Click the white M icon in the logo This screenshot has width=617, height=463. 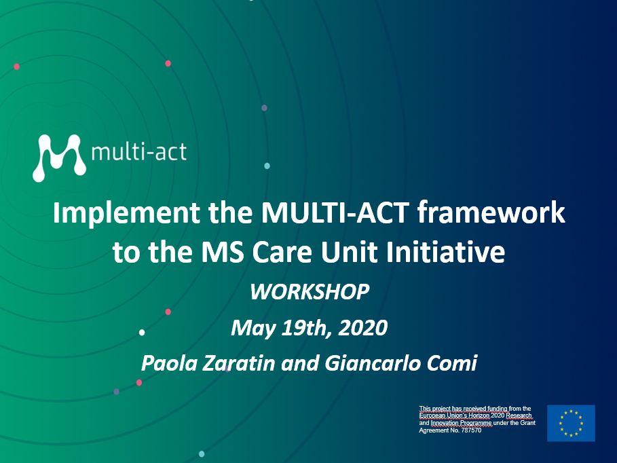coord(59,158)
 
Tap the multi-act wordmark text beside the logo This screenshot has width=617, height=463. coord(139,152)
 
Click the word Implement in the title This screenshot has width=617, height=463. coord(127,214)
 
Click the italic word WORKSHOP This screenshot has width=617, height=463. coord(310,292)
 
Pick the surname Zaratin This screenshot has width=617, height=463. coord(238,363)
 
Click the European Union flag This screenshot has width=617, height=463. coord(571,423)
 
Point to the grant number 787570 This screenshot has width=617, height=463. coord(471,430)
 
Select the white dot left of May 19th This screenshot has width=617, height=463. coord(142,333)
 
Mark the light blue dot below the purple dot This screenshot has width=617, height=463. coord(267,166)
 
